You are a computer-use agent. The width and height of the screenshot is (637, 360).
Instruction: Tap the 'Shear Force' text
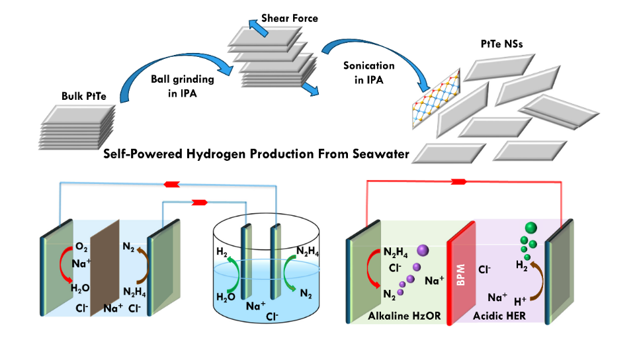click(x=289, y=19)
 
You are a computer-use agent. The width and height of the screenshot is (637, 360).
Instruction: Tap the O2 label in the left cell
click(x=82, y=247)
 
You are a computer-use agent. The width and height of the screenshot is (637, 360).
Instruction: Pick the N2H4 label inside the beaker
click(x=310, y=251)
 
